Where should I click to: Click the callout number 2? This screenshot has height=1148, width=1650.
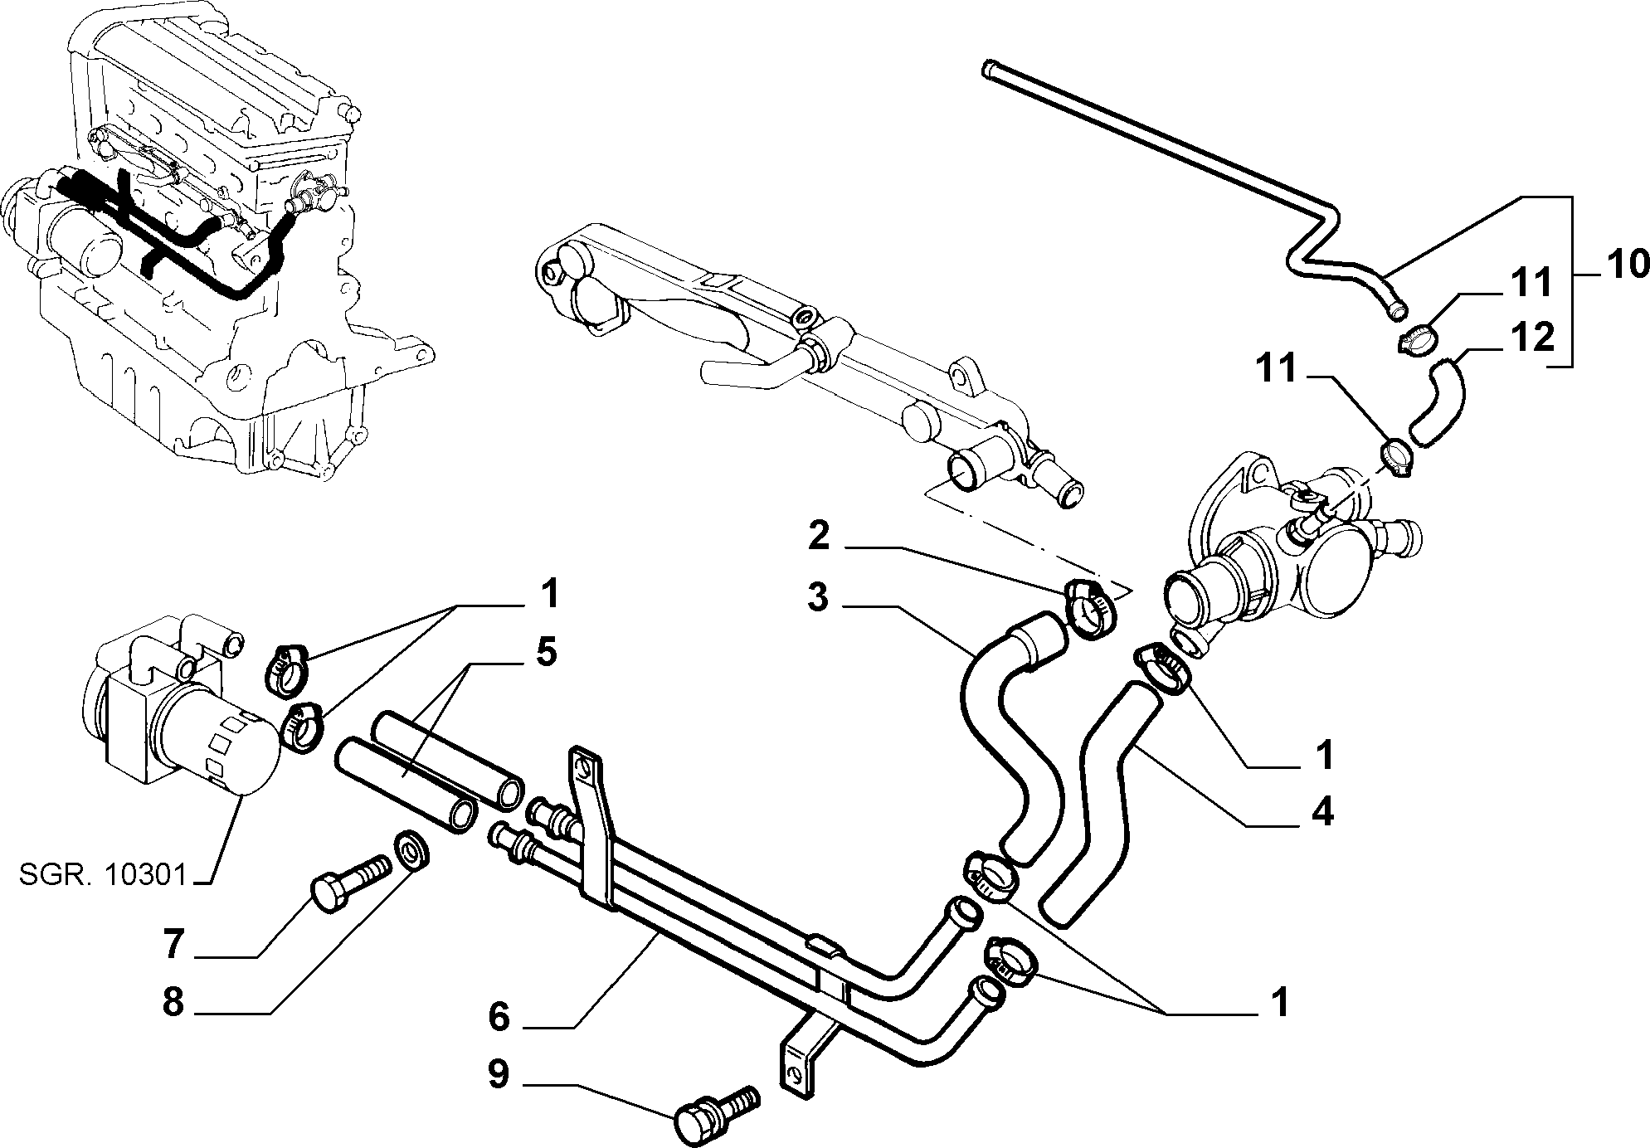[x=818, y=536]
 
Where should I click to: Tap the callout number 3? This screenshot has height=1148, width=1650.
[x=818, y=597]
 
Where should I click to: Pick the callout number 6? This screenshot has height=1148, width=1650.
[x=499, y=1016]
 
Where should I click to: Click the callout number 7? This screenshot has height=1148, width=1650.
[x=173, y=945]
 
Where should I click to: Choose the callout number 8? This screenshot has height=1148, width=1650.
[x=173, y=1002]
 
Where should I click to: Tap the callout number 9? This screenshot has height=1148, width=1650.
[x=499, y=1075]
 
